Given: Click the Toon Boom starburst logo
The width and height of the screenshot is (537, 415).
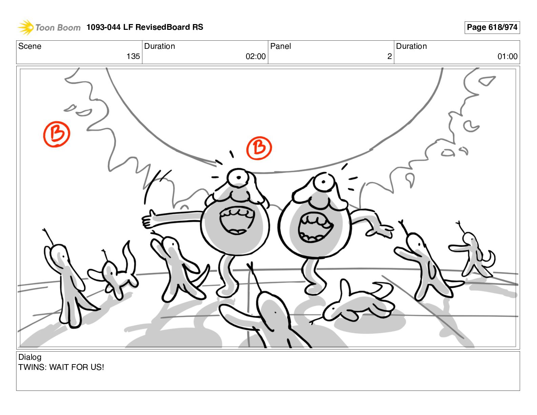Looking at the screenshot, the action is pyautogui.click(x=26, y=27).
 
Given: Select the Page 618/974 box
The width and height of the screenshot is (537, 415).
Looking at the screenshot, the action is pyautogui.click(x=492, y=27).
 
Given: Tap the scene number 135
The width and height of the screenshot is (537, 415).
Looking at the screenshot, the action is pyautogui.click(x=133, y=56).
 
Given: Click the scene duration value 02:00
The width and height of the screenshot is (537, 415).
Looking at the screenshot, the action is pyautogui.click(x=256, y=56).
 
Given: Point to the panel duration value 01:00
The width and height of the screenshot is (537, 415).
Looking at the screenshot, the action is pyautogui.click(x=508, y=56).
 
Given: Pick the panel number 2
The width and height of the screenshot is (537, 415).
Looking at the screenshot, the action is pyautogui.click(x=390, y=56).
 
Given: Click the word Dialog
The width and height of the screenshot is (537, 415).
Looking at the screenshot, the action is pyautogui.click(x=30, y=357).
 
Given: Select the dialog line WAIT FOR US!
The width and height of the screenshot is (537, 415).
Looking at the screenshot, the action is pyautogui.click(x=77, y=367).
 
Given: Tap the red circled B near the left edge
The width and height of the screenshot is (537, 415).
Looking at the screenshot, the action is pyautogui.click(x=57, y=134).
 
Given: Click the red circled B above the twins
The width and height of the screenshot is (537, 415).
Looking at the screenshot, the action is pyautogui.click(x=259, y=148).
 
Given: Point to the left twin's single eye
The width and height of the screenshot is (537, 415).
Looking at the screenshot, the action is pyautogui.click(x=238, y=177).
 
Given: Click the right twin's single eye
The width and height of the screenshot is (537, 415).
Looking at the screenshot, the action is pyautogui.click(x=323, y=182).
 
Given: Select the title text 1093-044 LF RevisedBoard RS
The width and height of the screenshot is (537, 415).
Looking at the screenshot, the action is pyautogui.click(x=145, y=27).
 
